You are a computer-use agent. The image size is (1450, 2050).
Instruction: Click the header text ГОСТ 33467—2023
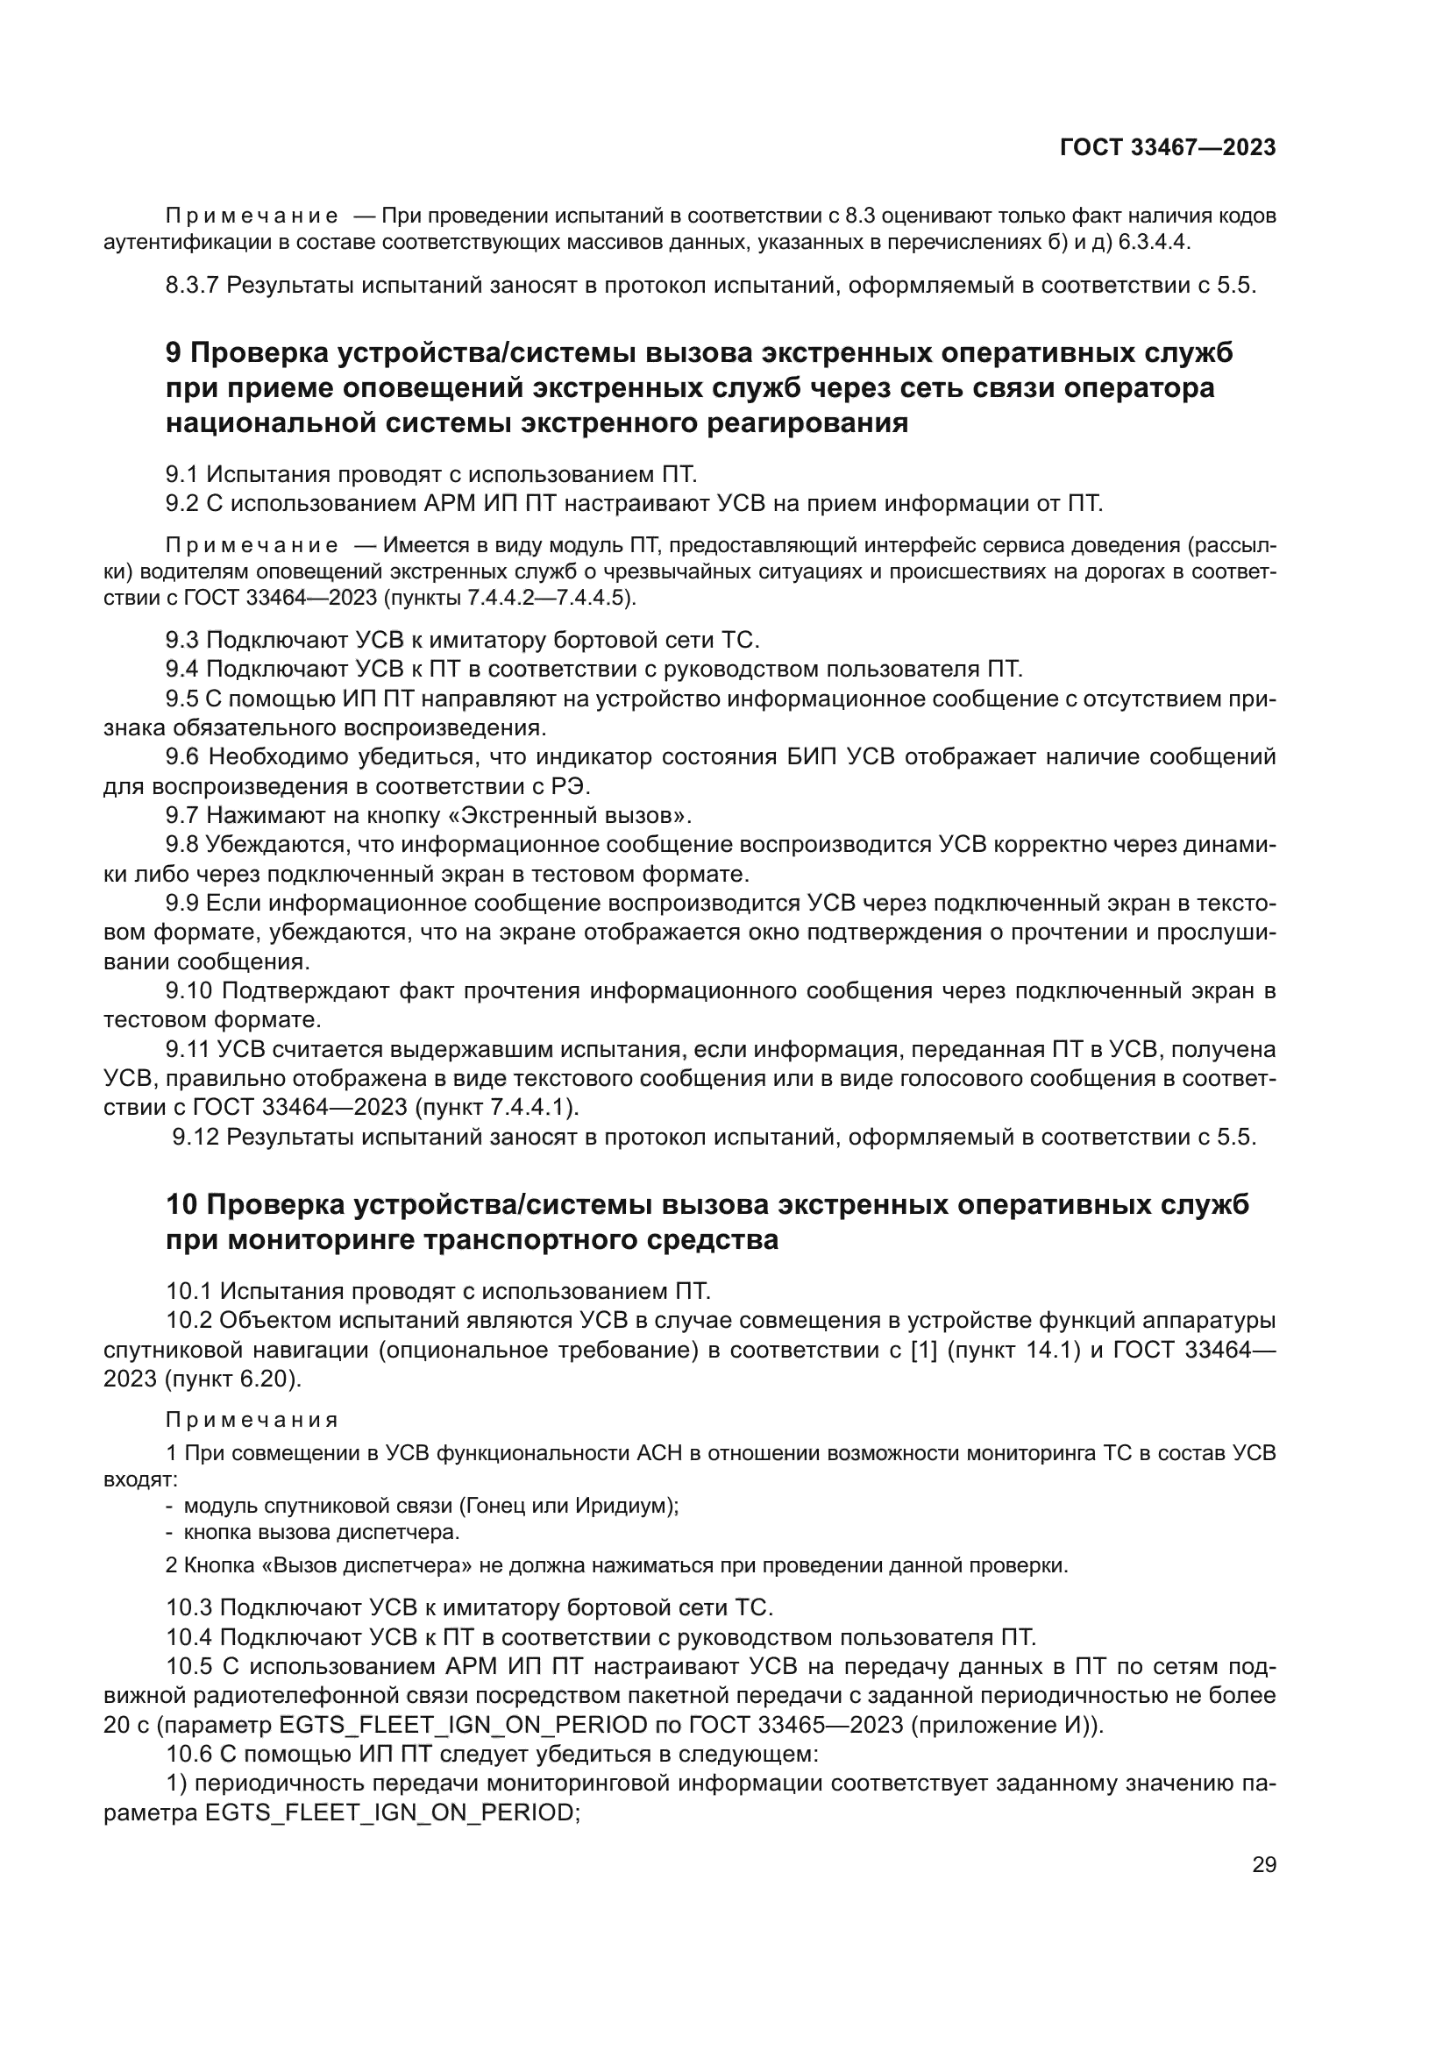[1167, 147]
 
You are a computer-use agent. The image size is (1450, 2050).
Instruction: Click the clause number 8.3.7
[193, 286]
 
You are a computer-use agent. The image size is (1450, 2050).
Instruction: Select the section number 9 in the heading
[174, 353]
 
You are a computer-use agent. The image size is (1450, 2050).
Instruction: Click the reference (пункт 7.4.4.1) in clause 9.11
[496, 1107]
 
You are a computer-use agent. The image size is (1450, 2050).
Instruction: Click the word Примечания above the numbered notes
[252, 1420]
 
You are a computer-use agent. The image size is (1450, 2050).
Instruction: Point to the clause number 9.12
[196, 1138]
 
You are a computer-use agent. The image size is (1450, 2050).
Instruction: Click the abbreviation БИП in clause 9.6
[813, 757]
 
